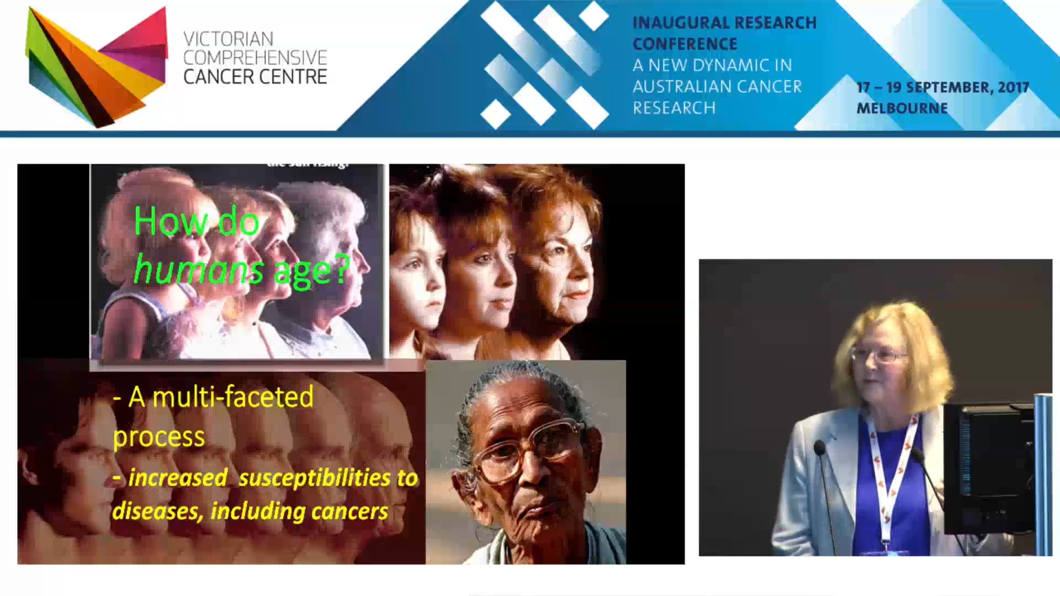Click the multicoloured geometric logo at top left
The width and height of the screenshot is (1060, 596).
pos(97,66)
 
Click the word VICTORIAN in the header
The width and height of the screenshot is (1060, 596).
pos(228,39)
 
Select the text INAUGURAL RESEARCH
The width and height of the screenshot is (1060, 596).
pos(724,23)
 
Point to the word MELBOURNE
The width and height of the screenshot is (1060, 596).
pos(902,108)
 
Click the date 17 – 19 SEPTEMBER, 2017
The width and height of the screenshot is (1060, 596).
pos(942,87)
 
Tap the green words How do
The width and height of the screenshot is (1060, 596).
pos(196,222)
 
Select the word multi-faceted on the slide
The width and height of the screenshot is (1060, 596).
pos(232,397)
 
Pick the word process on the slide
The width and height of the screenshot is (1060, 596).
pos(159,437)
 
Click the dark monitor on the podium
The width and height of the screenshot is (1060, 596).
pos(988,469)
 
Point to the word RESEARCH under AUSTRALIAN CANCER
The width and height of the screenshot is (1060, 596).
pos(674,108)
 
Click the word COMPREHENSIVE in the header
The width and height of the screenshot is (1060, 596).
pos(255,58)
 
